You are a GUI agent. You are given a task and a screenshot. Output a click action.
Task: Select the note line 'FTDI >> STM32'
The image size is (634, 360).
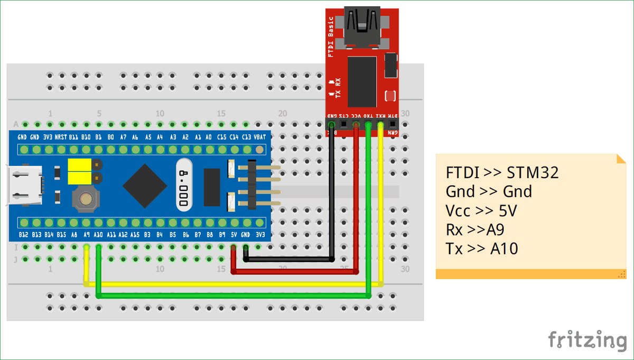point(502,173)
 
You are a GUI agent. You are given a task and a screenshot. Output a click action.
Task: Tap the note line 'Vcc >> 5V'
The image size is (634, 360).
point(481,210)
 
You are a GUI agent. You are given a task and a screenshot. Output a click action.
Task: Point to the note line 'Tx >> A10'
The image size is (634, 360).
point(482,248)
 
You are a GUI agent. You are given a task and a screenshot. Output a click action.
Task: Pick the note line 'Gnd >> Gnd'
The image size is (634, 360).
point(489,191)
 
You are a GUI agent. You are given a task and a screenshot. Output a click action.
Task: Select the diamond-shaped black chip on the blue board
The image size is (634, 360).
point(146,186)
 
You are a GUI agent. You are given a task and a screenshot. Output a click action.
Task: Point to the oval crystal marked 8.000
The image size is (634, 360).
point(184,186)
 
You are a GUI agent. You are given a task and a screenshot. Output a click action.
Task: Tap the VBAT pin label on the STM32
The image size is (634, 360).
point(260,137)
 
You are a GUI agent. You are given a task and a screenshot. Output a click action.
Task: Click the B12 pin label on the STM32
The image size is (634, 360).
point(23,234)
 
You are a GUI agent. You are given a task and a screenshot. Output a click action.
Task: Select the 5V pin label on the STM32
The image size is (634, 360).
point(233,234)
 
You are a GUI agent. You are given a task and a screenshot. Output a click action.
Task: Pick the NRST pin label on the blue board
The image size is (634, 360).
point(61,137)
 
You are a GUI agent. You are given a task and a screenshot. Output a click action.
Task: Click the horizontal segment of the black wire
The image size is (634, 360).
point(288,260)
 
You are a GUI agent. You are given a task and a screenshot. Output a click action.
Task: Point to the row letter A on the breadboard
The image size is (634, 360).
point(16,124)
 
